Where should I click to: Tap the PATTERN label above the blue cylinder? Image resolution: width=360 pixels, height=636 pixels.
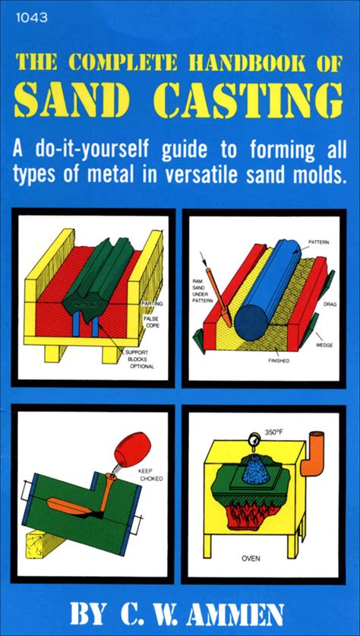coord(319,242)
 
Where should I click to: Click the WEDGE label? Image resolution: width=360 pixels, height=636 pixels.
coord(324,345)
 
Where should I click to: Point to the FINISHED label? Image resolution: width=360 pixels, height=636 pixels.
coord(279,361)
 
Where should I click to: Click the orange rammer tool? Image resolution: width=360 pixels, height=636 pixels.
coord(219,296)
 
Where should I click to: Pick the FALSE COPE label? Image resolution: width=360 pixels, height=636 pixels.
coord(151,322)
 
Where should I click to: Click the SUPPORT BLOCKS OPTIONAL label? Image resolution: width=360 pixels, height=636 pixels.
coord(140,359)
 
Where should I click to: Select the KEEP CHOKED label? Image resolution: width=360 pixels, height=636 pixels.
coord(150,475)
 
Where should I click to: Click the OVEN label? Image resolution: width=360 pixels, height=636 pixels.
coord(251,558)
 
